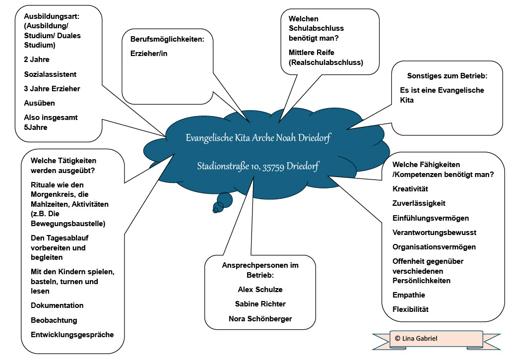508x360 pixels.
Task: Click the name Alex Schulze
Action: point(260,290)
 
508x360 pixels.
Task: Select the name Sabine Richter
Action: point(260,304)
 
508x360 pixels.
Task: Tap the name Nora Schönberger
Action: point(260,319)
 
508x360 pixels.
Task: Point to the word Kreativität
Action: point(410,189)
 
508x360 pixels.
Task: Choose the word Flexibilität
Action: point(410,309)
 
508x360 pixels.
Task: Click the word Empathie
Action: point(409,295)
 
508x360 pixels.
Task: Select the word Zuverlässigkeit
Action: point(419,203)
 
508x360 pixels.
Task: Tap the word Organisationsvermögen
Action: point(434,247)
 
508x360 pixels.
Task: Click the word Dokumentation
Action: point(57,305)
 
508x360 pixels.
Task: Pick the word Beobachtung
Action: point(54,320)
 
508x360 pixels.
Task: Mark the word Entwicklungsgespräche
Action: point(72,335)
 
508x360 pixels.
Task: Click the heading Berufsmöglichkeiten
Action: point(167,39)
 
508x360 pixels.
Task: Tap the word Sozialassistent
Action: point(50,74)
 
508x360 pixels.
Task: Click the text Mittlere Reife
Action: point(312,53)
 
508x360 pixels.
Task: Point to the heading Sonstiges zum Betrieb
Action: point(447,76)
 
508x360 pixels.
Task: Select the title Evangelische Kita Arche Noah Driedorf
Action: point(258,138)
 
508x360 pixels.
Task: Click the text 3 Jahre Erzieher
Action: point(52,89)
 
